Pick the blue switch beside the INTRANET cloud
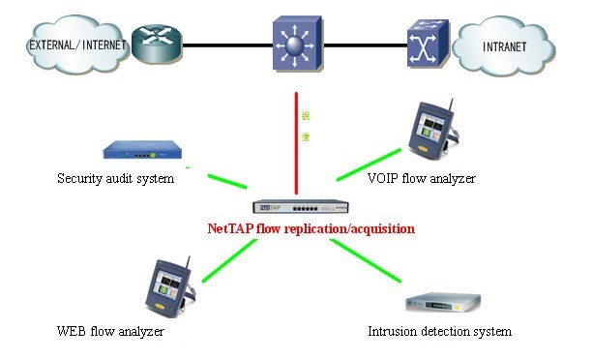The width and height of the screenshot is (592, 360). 425,42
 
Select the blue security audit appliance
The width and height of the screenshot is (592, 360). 142,151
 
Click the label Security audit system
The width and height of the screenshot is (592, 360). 115,178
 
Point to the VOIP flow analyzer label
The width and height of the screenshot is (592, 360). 422,178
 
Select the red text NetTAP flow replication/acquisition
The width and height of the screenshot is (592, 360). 311,229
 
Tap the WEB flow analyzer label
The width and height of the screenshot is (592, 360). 110,332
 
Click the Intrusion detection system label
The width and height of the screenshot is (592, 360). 439,332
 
